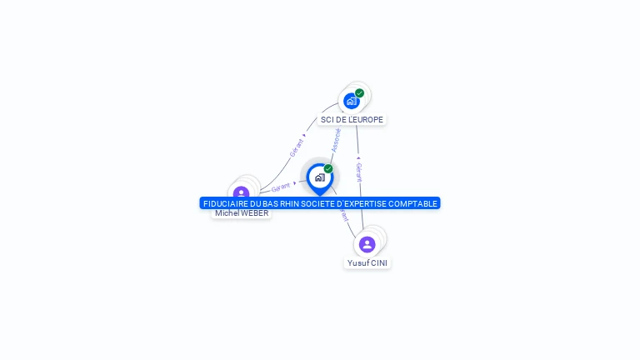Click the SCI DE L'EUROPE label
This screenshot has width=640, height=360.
click(352, 120)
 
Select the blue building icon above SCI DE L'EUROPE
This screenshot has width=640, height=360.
click(351, 101)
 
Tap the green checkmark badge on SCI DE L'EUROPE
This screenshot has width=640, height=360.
click(359, 93)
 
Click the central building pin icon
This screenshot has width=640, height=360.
click(319, 177)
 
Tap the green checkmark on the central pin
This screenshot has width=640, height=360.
click(328, 169)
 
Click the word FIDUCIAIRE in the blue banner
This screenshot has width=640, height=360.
click(225, 203)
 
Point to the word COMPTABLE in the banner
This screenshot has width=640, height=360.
click(414, 203)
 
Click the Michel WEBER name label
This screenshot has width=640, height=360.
click(242, 213)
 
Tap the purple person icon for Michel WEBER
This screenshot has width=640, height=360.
click(242, 192)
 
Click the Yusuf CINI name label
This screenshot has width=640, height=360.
click(367, 263)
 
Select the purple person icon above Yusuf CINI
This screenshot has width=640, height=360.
click(367, 244)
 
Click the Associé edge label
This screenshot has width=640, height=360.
click(336, 139)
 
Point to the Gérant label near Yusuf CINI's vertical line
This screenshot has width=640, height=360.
click(359, 172)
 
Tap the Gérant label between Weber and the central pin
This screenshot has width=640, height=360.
click(281, 187)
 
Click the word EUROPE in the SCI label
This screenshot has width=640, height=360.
click(366, 120)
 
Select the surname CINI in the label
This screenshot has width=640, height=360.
click(378, 263)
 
